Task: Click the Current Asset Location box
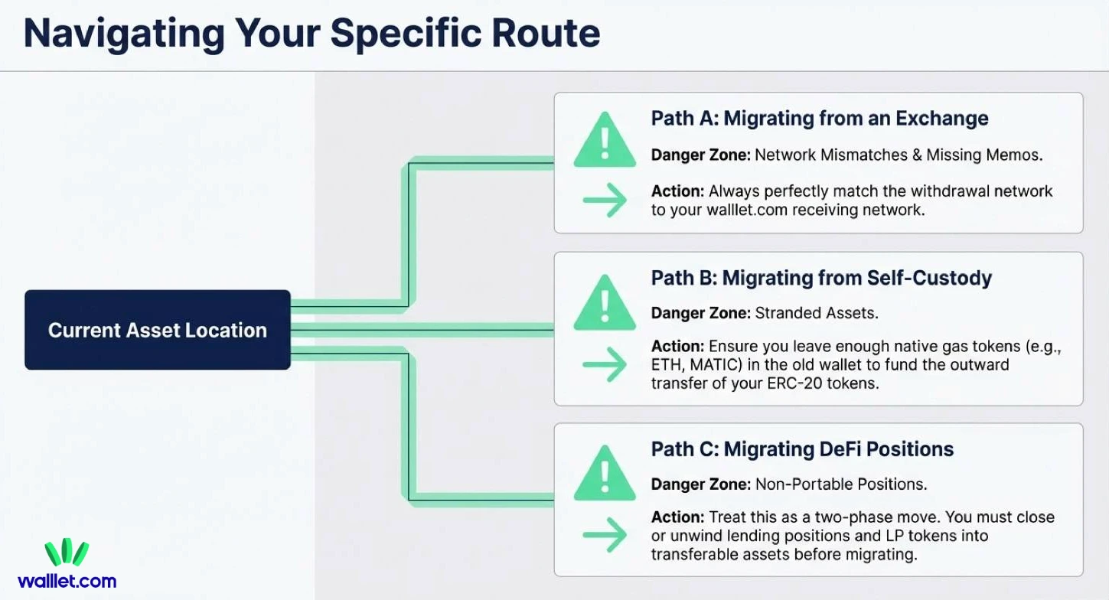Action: click(x=157, y=330)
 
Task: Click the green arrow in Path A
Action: click(x=605, y=201)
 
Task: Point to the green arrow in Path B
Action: click(x=605, y=365)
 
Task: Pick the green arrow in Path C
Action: click(x=605, y=535)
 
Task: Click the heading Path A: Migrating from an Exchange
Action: click(x=819, y=119)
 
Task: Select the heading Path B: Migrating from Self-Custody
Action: click(x=820, y=278)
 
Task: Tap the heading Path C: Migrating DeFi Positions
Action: click(x=802, y=449)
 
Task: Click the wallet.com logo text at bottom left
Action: click(x=67, y=581)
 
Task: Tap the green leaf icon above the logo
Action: click(x=67, y=553)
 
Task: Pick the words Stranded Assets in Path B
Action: click(x=816, y=313)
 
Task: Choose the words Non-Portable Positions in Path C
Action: click(x=840, y=484)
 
